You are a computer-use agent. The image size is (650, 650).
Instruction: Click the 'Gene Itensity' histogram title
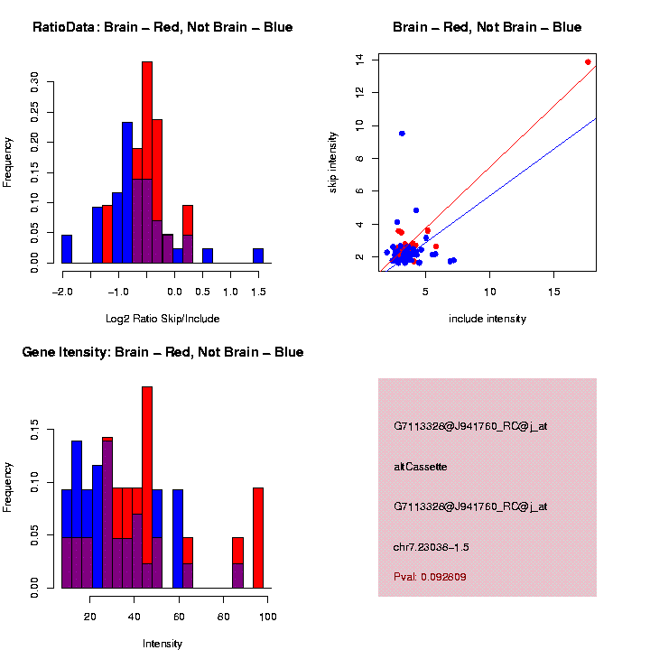pos(162,352)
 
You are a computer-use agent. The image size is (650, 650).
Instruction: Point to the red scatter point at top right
pos(588,62)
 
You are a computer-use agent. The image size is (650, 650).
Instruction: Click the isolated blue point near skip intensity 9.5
pos(402,134)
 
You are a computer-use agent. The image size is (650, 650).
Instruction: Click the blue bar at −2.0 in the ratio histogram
pos(67,248)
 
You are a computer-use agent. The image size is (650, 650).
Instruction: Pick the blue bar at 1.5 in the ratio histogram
pos(258,255)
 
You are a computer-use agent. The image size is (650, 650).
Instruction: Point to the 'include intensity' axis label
pos(487,319)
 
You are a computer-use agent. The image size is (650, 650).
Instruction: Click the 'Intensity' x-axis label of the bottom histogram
pos(162,644)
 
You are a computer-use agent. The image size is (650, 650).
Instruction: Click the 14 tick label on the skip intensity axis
pos(359,60)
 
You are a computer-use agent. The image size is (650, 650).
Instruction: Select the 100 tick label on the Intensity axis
pos(267,617)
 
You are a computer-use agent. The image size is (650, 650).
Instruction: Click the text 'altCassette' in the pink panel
pos(421,467)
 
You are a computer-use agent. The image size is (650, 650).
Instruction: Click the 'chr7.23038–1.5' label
pos(432,547)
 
